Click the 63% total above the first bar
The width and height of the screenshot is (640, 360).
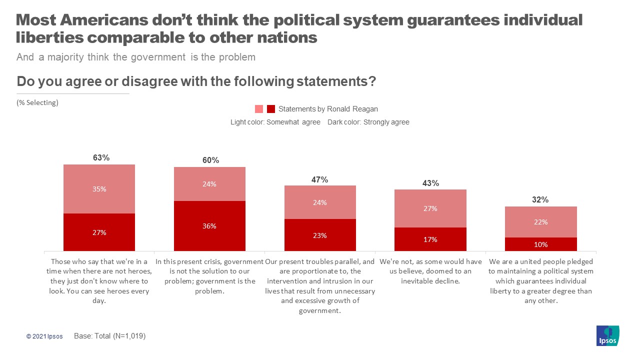(101, 157)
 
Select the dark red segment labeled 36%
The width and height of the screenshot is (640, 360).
(209, 226)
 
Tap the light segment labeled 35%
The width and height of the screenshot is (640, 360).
(99, 189)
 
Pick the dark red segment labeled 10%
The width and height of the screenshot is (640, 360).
(540, 244)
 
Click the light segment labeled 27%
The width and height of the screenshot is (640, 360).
(430, 208)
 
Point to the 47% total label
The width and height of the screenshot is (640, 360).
(320, 179)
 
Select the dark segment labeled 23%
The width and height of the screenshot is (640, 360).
(320, 235)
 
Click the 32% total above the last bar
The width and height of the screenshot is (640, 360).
(540, 199)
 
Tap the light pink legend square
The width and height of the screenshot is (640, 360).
(259, 109)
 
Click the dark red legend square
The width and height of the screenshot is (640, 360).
(271, 109)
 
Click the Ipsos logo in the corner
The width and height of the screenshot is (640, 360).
(608, 335)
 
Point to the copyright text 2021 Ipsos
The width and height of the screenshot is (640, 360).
(44, 336)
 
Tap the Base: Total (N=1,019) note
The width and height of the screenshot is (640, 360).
(109, 336)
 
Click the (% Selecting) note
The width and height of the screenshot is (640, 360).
(37, 102)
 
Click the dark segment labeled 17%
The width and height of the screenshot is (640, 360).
(430, 239)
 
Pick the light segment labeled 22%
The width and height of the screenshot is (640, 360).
(540, 222)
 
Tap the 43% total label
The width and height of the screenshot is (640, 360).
(430, 183)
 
